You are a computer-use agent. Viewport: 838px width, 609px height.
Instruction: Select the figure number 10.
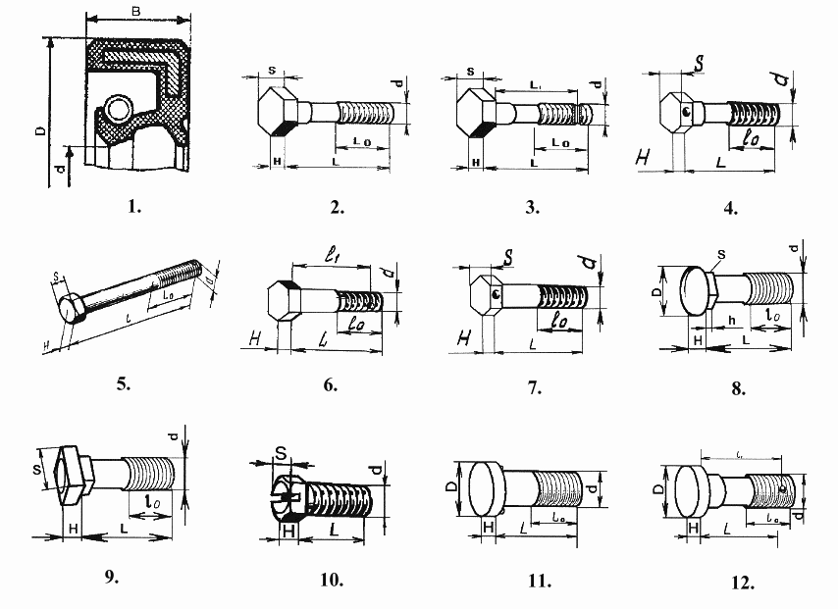[332, 579]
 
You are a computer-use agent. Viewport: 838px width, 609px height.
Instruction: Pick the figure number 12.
[742, 583]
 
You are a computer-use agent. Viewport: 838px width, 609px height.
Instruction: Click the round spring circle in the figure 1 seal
[118, 107]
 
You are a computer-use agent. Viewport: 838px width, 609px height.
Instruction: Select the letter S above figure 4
[699, 64]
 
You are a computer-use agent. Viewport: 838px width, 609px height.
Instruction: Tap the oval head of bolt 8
[696, 291]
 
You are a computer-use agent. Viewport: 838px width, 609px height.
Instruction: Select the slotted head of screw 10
[282, 494]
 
